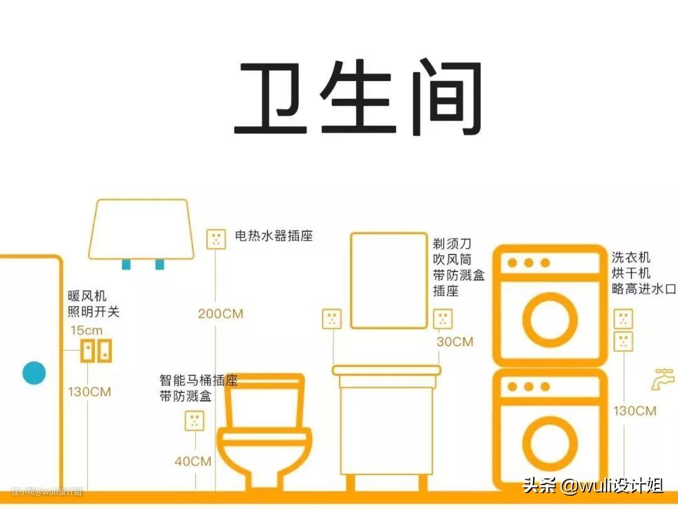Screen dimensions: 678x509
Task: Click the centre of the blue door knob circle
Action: [x=34, y=373]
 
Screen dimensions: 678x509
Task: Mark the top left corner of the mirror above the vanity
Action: [x=351, y=234]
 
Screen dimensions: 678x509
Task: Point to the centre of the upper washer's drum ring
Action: [x=549, y=320]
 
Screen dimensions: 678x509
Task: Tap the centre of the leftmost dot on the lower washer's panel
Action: [x=512, y=386]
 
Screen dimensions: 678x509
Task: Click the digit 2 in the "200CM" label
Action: [x=202, y=314]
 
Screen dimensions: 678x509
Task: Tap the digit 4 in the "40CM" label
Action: [x=179, y=461]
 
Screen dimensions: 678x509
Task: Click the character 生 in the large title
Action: [x=357, y=97]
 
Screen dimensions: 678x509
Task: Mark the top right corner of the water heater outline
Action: [x=187, y=200]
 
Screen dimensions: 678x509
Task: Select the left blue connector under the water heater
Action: [x=126, y=264]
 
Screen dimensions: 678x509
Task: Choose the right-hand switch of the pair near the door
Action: [x=105, y=351]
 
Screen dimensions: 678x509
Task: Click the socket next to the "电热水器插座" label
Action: [x=216, y=239]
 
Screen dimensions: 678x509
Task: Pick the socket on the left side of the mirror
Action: [x=331, y=319]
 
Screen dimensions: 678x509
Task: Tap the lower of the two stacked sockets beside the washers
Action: [x=623, y=341]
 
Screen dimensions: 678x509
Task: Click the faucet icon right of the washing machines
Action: [x=662, y=380]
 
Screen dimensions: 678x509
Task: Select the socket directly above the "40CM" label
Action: [x=195, y=420]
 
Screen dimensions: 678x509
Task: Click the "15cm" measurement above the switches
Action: [x=87, y=331]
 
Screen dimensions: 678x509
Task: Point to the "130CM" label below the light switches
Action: [x=90, y=392]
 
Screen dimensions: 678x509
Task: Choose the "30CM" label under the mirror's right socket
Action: [x=455, y=342]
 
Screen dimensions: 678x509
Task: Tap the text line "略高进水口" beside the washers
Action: [x=644, y=288]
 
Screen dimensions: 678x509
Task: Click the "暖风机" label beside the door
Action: [x=87, y=296]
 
